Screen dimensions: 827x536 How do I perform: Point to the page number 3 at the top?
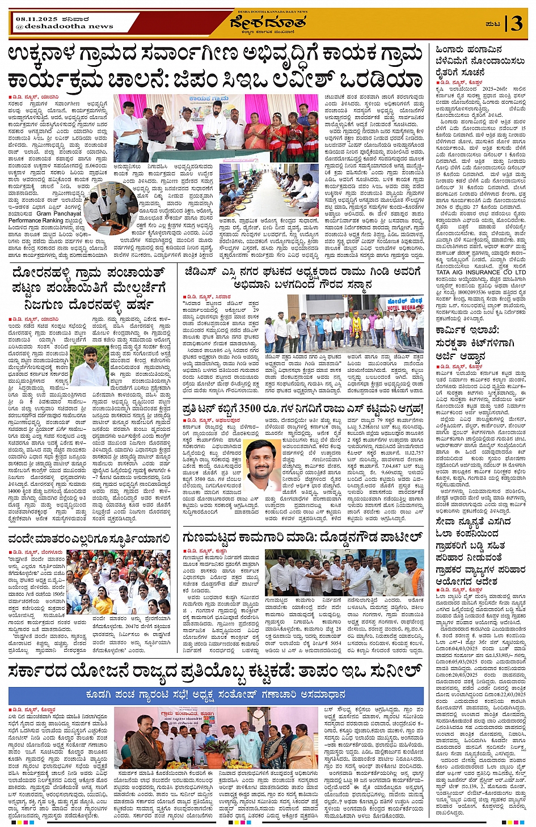tap(516, 23)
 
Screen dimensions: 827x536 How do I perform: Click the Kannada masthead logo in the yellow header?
tap(268, 23)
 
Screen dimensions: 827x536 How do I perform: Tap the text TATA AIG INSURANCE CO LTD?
tap(480, 272)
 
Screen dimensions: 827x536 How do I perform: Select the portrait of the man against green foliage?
tap(90, 366)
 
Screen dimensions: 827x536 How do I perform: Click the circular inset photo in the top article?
tap(109, 207)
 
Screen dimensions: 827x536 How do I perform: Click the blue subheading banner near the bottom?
tap(216, 694)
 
